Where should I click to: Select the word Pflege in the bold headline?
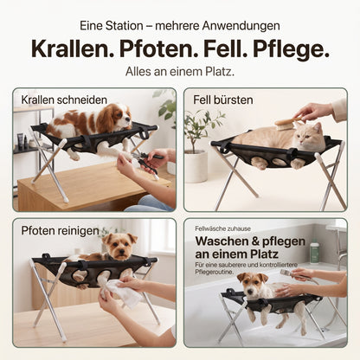point(291,49)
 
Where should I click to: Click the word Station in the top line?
point(124,26)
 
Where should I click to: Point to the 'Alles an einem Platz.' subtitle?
point(180,72)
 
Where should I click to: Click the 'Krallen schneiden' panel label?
point(64,100)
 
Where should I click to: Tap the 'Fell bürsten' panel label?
point(223,100)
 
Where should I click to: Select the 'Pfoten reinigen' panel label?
point(60,230)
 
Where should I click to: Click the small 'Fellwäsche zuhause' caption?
point(222,228)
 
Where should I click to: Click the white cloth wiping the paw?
point(122,292)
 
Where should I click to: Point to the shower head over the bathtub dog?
point(288,273)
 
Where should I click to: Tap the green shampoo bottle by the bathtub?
point(314,253)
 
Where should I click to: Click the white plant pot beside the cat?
point(196,166)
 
